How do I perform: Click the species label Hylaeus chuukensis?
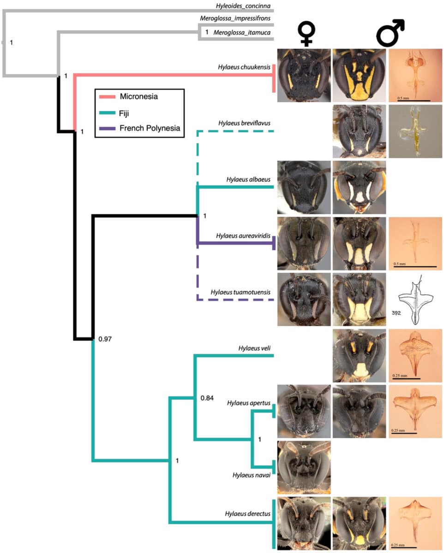click(244, 67)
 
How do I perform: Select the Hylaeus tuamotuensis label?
click(240, 292)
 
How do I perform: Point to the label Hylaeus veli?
click(254, 348)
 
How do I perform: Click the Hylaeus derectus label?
click(247, 513)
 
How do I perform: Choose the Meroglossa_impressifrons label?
click(235, 18)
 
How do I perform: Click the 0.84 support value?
click(208, 398)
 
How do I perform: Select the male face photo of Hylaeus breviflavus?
click(359, 131)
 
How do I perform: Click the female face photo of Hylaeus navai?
click(304, 467)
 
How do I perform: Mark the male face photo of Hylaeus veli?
click(359, 355)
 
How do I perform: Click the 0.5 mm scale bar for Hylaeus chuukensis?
click(414, 99)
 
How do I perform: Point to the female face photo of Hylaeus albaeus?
click(304, 188)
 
